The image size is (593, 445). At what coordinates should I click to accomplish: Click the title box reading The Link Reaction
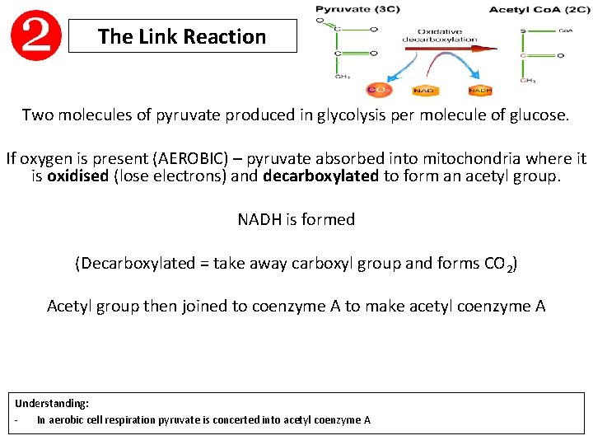click(x=182, y=37)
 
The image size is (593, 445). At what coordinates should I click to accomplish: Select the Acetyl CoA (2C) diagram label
click(x=527, y=9)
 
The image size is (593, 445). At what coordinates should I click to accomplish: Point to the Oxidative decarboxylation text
click(x=439, y=35)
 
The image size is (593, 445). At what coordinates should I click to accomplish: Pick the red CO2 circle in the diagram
click(x=379, y=89)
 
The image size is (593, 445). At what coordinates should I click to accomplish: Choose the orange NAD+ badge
click(x=425, y=90)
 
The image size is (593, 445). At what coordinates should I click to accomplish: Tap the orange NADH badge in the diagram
click(x=480, y=90)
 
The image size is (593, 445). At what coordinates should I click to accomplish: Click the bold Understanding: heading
click(x=52, y=404)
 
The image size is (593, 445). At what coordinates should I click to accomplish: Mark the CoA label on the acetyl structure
click(x=565, y=30)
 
